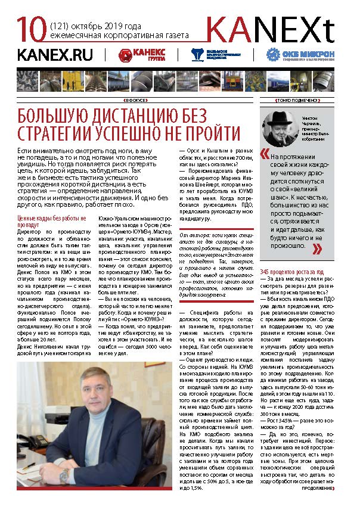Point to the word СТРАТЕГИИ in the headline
pos(60,132)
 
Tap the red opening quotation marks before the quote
pos(264,154)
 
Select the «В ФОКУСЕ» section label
pos(135,100)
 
